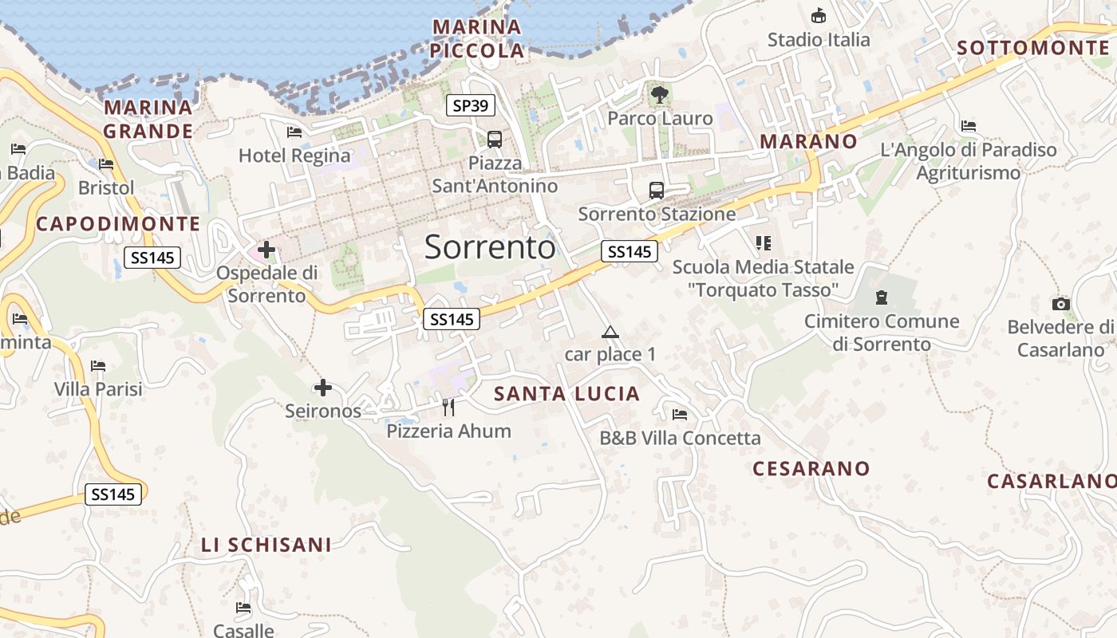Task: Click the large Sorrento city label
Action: coord(489,247)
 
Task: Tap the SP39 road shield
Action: coord(471,104)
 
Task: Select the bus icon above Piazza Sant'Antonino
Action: coord(495,139)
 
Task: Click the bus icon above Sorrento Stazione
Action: coord(657,191)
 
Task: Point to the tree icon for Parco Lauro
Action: coord(660,95)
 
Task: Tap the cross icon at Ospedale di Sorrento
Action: coord(266,250)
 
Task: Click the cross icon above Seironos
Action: coord(323,388)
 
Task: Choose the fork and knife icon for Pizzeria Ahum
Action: coord(448,408)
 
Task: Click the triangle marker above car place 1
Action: coord(610,332)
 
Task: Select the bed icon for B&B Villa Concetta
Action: coord(680,414)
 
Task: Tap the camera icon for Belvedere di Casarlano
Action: coord(1060,304)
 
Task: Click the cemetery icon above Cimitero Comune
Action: coord(882,297)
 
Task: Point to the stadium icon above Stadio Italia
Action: coord(819,16)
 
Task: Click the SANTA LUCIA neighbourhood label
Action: coord(566,393)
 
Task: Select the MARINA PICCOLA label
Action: coord(477,39)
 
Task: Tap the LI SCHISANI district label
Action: coord(266,545)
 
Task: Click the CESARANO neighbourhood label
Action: coord(811,468)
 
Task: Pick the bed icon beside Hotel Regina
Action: coord(294,132)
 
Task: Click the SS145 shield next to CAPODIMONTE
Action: coord(152,257)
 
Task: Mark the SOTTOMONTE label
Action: coord(1032,48)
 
